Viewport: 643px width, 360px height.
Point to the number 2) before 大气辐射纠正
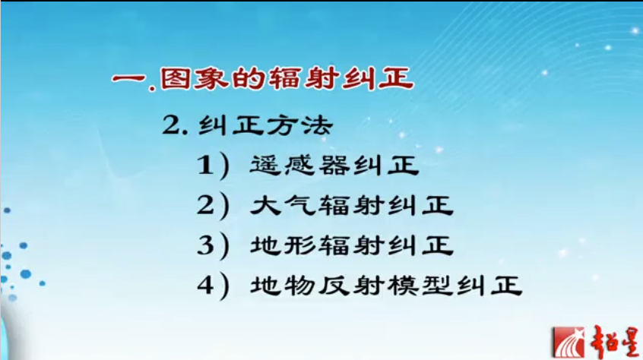tap(213, 206)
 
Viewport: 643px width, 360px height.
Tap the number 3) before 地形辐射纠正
tap(213, 245)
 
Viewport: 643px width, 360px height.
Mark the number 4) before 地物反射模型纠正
tap(213, 286)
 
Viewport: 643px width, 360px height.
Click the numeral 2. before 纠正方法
tap(174, 125)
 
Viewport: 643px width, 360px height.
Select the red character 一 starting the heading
tap(128, 79)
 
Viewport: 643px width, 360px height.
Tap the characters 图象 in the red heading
tap(192, 78)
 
